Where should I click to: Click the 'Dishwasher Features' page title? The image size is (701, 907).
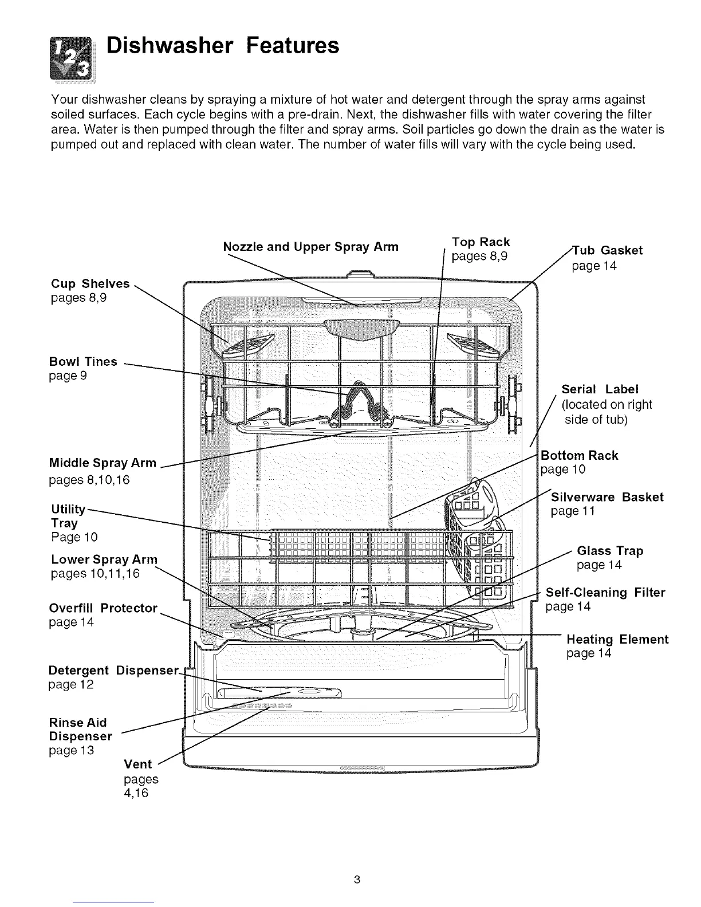click(223, 45)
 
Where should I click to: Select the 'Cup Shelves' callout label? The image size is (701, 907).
click(90, 284)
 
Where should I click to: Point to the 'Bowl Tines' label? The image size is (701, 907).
click(83, 362)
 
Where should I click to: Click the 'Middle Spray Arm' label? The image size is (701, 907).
click(103, 463)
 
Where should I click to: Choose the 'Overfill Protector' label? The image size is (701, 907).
click(103, 608)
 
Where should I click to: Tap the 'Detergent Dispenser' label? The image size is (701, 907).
click(114, 671)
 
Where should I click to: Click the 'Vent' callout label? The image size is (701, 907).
click(138, 764)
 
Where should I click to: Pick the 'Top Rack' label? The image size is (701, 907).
click(481, 242)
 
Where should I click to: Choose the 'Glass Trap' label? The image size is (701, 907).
click(610, 551)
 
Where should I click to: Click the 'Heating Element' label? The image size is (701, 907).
click(617, 639)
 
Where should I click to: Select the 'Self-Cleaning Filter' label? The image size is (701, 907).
click(605, 593)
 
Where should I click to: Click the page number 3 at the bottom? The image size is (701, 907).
click(356, 880)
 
